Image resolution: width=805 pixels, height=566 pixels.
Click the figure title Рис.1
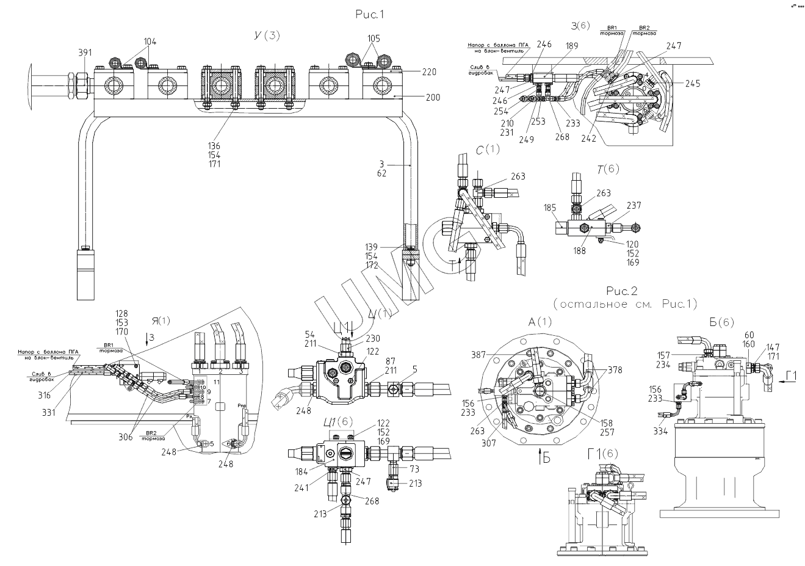372,14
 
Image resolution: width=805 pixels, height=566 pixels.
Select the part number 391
86,53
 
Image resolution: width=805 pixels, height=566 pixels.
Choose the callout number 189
555,45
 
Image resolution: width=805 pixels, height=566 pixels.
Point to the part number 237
633,206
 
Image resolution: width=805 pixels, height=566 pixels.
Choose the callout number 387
479,355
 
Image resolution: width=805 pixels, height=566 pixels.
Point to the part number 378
615,370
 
